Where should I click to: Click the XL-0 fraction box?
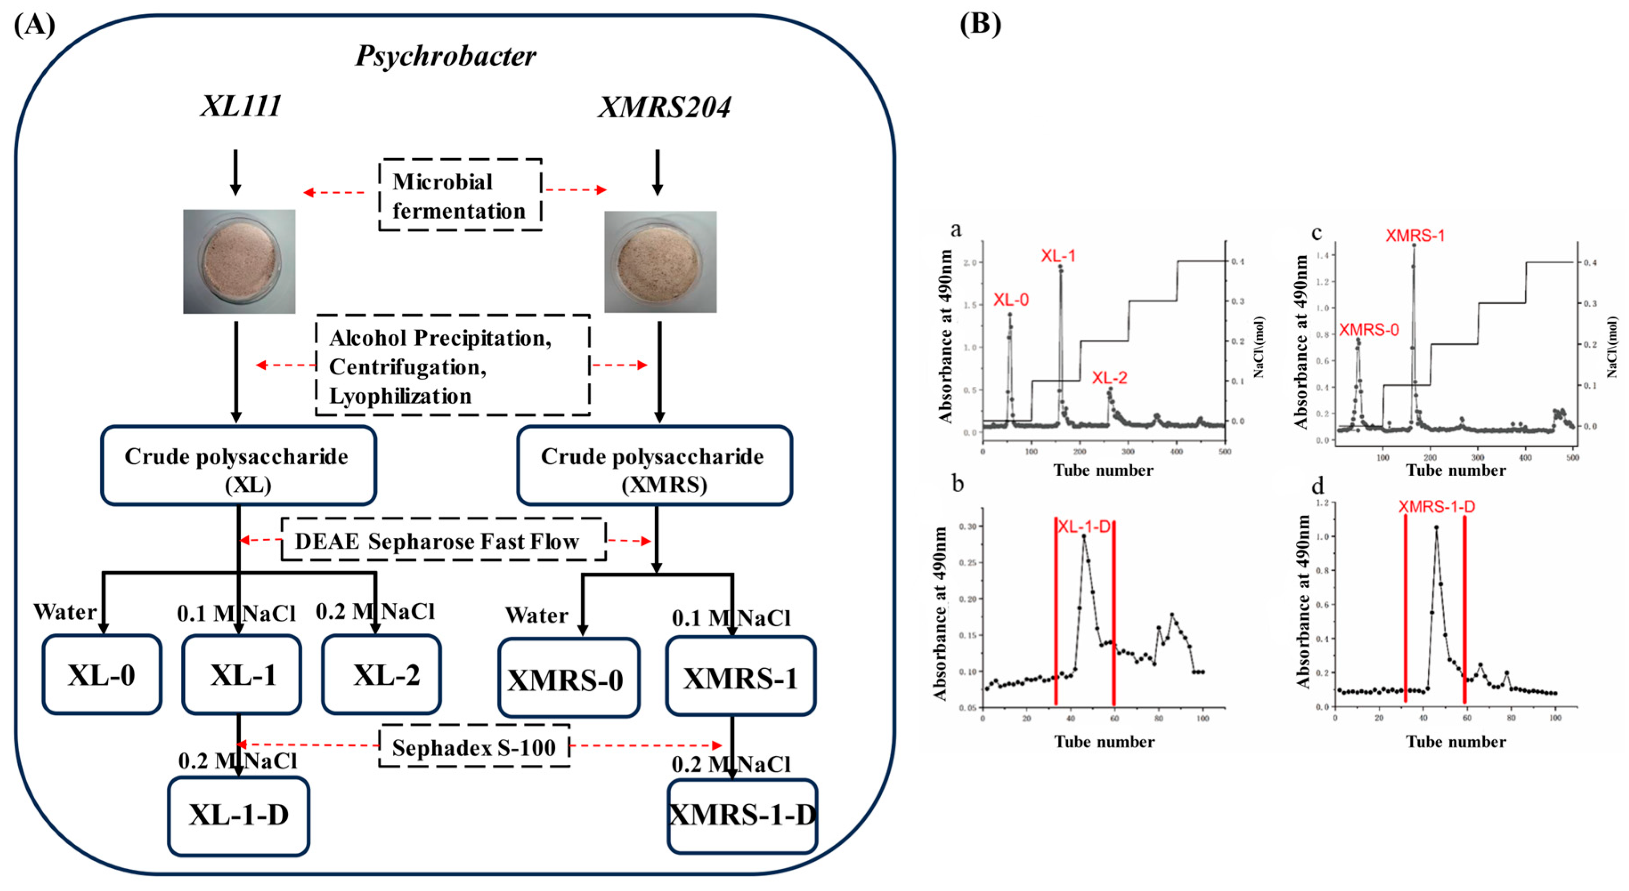(x=102, y=674)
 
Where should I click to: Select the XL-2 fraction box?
(x=381, y=674)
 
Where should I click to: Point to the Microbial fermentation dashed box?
(x=460, y=195)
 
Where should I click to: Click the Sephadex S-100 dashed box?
(x=474, y=747)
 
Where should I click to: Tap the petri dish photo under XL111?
(x=239, y=261)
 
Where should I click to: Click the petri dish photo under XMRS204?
(x=660, y=261)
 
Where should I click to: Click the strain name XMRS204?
(x=664, y=107)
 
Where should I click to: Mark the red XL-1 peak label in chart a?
(x=1058, y=256)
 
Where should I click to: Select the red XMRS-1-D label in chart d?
(x=1436, y=507)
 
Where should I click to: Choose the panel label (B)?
(x=980, y=24)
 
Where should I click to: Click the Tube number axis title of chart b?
(x=1103, y=742)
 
